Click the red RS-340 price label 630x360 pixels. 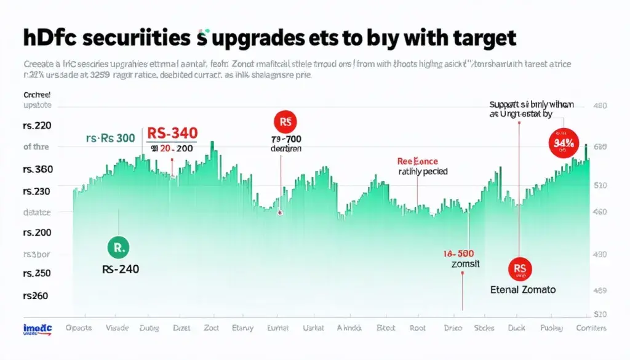coord(172,133)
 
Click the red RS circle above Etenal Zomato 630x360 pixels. coord(519,268)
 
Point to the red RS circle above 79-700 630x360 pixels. coord(284,122)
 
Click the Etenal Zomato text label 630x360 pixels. coord(522,289)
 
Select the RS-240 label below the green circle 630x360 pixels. coord(121,269)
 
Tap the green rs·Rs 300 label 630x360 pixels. coord(110,138)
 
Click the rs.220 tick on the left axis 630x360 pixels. coord(37,127)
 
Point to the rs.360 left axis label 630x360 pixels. coord(37,169)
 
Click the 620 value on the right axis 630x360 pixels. coord(600,147)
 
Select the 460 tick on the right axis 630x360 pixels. coord(599,212)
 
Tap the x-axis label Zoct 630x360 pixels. coord(211,328)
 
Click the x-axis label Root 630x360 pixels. coord(418,328)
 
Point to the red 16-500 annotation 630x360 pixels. coord(458,254)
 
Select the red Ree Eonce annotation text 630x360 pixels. coord(417,161)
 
